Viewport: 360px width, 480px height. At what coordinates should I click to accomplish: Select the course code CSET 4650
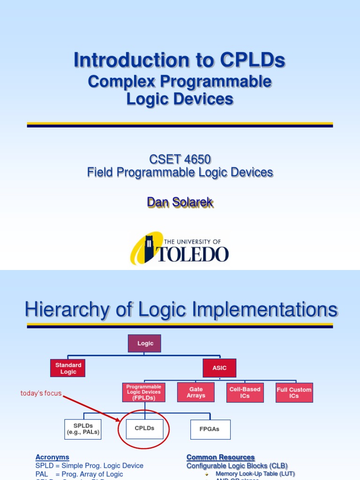[180, 159]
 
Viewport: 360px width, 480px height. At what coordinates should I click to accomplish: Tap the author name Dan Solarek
[180, 202]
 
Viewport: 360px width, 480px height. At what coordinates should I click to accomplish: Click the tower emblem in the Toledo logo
[149, 249]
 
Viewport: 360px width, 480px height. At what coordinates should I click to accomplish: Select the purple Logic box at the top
[145, 343]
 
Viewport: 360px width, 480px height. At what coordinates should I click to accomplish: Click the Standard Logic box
[68, 368]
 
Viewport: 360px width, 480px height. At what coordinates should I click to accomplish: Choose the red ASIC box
[219, 368]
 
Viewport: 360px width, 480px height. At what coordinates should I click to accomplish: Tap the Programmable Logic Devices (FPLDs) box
[144, 392]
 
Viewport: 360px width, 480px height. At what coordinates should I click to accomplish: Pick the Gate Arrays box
[196, 392]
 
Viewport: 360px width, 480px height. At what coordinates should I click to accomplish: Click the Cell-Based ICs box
[245, 392]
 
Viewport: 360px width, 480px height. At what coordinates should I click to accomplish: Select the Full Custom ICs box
[294, 393]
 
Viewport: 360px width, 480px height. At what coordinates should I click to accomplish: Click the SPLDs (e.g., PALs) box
[83, 429]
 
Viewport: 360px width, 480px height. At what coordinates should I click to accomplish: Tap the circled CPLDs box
[144, 428]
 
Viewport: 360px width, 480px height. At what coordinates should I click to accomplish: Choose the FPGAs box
[210, 429]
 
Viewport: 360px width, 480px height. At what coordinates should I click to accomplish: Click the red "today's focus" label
[41, 393]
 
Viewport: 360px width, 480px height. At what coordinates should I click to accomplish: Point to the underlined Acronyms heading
[52, 457]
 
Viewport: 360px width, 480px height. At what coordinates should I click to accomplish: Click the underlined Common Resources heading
[220, 457]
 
